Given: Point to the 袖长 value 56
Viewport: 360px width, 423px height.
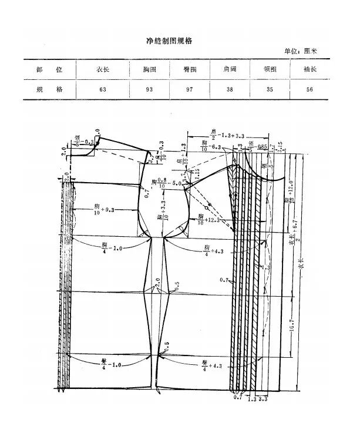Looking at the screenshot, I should click(311, 89).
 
